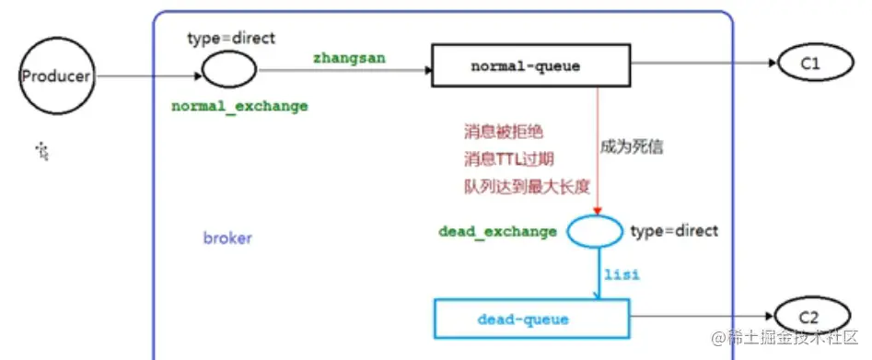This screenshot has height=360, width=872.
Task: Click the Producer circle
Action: point(56,75)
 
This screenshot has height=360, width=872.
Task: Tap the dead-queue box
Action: point(523,319)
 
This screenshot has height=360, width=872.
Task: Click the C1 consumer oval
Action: point(810,64)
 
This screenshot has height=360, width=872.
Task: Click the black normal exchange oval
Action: point(228,69)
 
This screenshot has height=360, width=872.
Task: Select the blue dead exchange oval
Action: point(594,231)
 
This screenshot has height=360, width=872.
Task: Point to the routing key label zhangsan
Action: point(350,57)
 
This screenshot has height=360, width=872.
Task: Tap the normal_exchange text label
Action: point(239,106)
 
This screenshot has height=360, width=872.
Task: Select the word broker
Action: point(227,238)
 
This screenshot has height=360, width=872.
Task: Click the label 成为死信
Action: point(633,145)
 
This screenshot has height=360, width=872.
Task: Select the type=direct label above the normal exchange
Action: point(229,38)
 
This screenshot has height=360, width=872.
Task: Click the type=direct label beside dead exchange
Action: point(674,230)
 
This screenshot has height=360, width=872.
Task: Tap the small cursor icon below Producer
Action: point(42,149)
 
